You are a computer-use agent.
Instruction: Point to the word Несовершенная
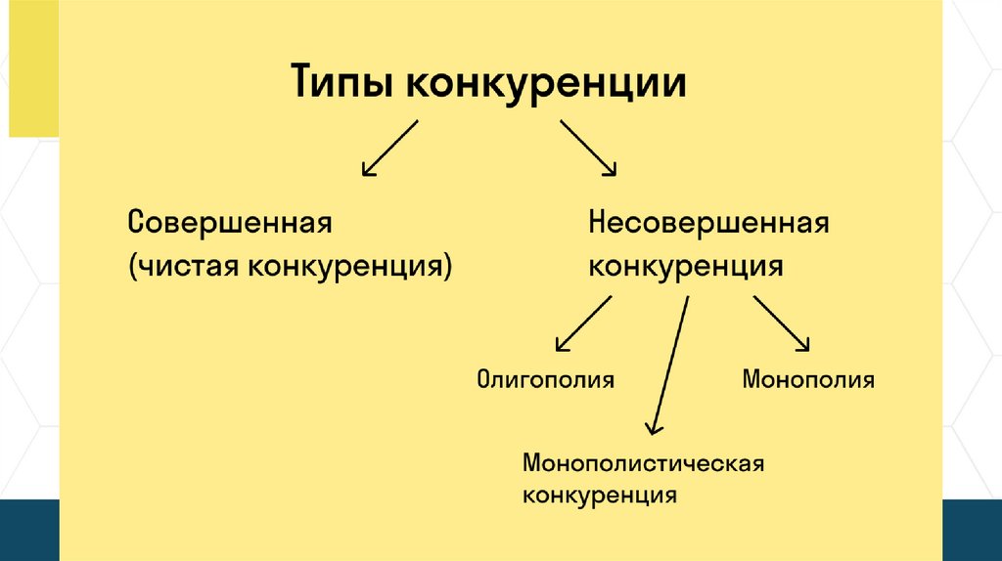708,222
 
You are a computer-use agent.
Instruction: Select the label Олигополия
545,379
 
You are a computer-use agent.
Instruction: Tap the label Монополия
808,379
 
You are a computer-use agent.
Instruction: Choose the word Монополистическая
642,461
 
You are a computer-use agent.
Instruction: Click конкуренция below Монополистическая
600,495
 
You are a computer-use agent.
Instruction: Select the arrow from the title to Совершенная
389,149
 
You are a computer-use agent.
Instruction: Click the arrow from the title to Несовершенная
587,148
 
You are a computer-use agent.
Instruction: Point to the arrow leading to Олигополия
583,324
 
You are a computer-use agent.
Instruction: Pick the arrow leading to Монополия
782,324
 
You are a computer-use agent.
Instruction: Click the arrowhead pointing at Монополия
806,345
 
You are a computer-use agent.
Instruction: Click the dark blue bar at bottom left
29,529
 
